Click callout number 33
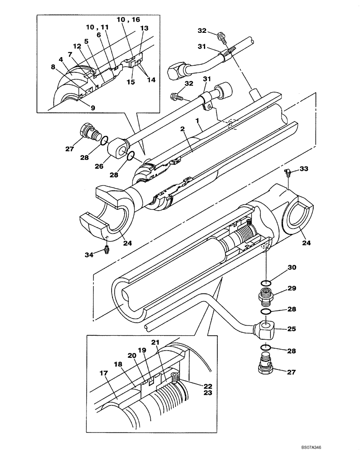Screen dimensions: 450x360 pos(304,169)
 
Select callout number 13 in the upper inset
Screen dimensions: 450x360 pos(144,27)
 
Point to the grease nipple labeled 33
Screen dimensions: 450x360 pos(287,171)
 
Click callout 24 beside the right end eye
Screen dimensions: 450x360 pos(306,243)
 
